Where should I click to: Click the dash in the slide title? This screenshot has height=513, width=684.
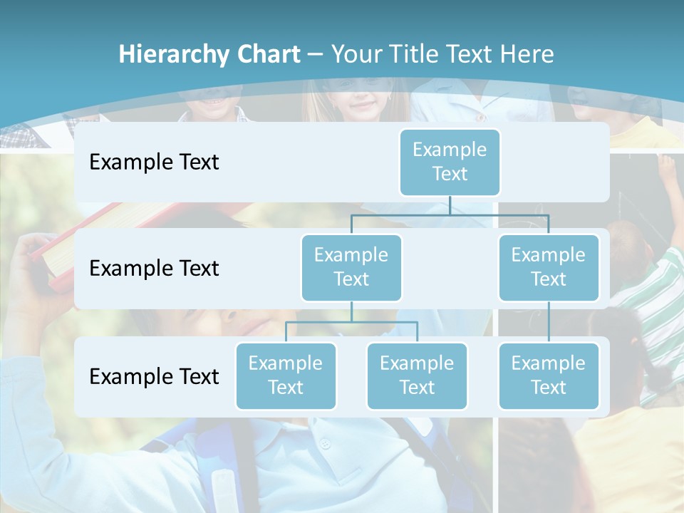tap(316, 54)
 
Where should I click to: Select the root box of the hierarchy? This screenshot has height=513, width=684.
tap(450, 162)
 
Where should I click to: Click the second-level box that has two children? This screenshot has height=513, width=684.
tap(351, 267)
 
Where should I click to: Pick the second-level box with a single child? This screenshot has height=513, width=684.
tap(549, 267)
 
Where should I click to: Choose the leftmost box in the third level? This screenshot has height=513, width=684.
tap(286, 375)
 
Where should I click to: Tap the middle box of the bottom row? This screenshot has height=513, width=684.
tap(417, 375)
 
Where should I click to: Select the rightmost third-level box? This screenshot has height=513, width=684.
tap(549, 375)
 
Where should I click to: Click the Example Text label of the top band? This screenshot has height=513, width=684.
tap(154, 162)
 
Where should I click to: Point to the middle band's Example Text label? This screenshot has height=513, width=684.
tap(154, 268)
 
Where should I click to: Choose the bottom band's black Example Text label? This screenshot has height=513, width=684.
tap(154, 376)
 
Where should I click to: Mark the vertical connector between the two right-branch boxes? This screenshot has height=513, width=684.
tap(549, 322)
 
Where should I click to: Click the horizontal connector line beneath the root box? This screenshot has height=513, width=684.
tap(450, 214)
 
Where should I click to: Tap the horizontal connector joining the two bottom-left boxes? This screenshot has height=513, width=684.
tap(351, 322)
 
